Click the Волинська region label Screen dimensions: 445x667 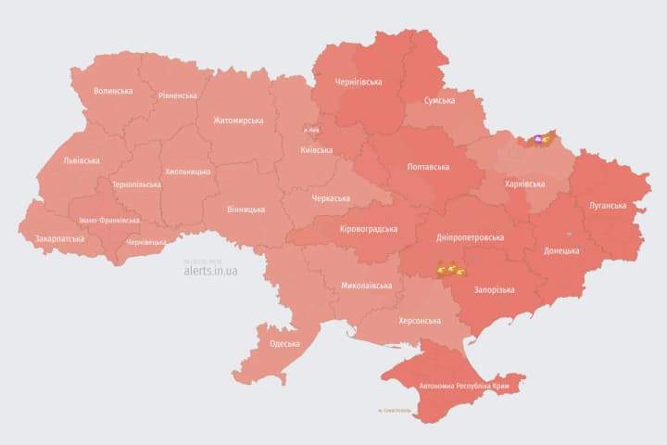pos(113,91)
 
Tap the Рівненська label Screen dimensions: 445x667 pos(177,95)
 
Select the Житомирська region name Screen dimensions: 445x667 pos(238,121)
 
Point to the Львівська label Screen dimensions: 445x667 pos(81,159)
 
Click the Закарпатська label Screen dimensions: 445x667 pos(59,238)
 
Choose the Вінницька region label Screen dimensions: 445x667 pos(245,210)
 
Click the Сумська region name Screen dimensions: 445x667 pos(439,100)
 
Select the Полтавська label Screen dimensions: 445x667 pos(429,167)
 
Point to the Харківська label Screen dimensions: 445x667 pos(524,184)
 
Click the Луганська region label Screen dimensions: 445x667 pos(608,205)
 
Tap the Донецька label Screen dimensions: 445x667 pos(561,250)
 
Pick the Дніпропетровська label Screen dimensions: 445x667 pos(470,237)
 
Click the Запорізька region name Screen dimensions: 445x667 pos(494,290)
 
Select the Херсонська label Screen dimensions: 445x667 pos(419,320)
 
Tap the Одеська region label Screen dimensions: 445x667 pos(284,344)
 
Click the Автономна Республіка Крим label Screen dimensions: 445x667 pos(464,384)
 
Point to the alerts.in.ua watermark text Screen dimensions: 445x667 pos(210,271)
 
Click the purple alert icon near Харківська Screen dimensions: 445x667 pos(538,140)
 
